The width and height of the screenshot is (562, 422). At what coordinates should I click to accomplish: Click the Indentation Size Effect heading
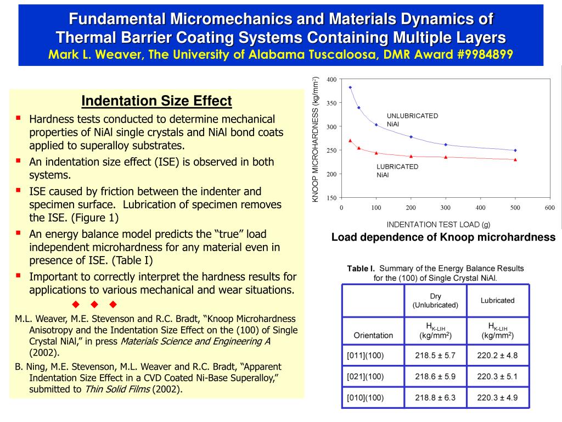pos(156,101)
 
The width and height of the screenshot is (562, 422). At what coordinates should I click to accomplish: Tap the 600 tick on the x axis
pos(550,207)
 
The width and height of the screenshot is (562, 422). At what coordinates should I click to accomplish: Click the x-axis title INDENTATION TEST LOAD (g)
pos(439,225)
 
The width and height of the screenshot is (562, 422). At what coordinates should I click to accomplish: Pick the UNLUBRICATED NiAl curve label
pos(412,120)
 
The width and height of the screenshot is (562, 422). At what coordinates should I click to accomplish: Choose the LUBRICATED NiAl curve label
pos(397,171)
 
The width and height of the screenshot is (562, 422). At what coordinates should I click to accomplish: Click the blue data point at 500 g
pos(515,151)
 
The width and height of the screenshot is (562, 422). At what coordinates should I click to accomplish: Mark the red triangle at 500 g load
pos(515,160)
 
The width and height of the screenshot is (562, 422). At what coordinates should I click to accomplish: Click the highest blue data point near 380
pos(350,87)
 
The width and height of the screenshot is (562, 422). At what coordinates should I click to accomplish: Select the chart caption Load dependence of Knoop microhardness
pos(443,237)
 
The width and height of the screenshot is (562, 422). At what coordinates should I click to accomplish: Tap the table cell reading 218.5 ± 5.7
pos(435,356)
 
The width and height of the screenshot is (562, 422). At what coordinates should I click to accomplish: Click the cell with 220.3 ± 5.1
pos(497,376)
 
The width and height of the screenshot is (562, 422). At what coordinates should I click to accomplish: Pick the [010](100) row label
pos(365,398)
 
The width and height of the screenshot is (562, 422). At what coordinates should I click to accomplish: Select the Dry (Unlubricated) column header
pos(435,301)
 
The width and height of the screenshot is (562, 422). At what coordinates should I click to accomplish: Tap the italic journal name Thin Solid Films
pos(117,389)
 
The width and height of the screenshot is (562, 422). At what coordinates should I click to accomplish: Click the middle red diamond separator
pos(94,304)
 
